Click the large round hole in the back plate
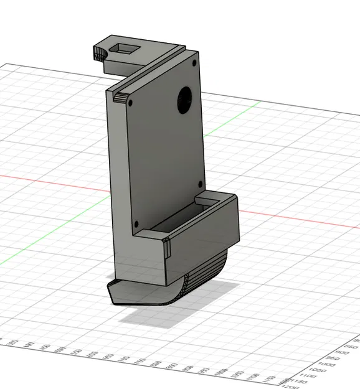(x=185, y=100)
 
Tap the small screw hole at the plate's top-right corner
(x=195, y=62)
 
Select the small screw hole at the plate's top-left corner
(x=130, y=101)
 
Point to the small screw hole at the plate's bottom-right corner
(x=199, y=184)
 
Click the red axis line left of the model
(x=50, y=181)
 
